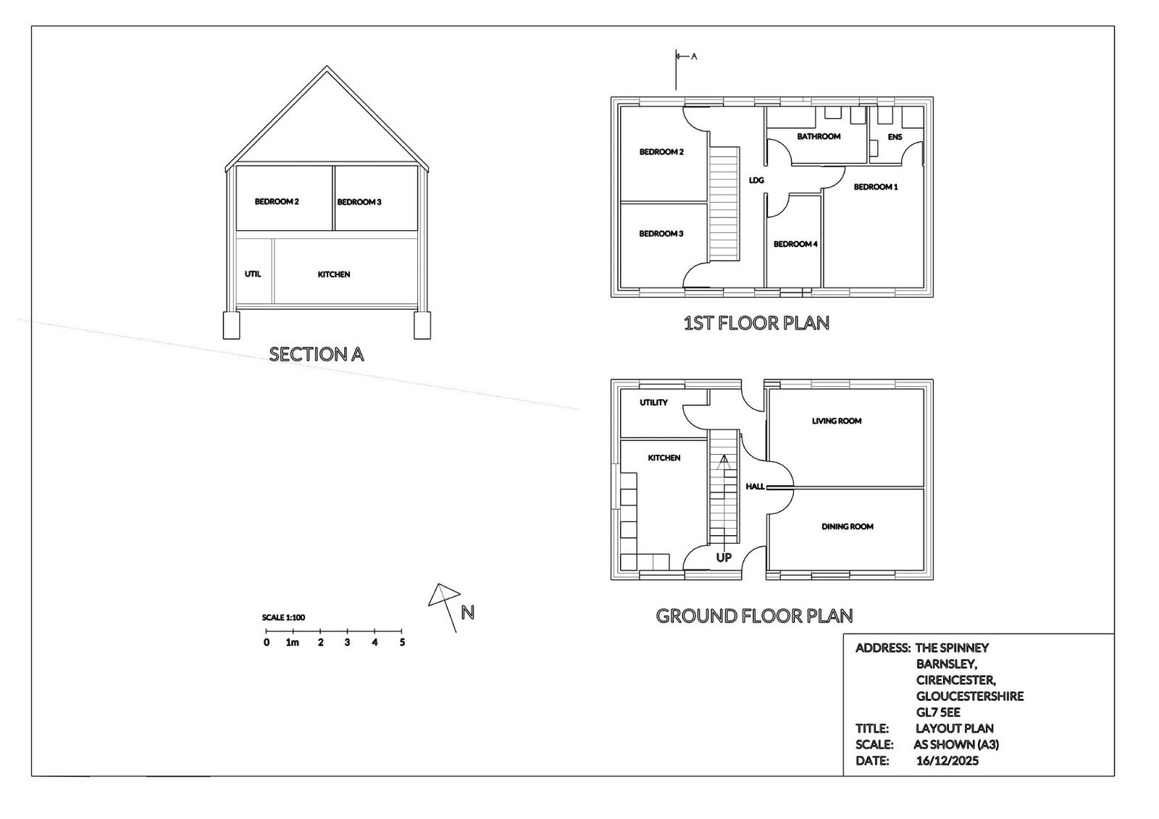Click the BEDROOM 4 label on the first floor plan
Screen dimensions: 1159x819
coord(795,244)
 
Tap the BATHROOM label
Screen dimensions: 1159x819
coord(819,137)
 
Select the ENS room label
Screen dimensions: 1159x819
coord(895,137)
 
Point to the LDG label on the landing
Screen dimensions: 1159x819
coord(756,180)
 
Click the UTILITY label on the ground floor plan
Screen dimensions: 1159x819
coord(653,403)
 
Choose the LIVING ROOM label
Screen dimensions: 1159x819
coord(837,421)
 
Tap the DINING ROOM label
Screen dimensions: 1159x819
coord(848,526)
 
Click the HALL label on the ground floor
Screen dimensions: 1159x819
coord(755,487)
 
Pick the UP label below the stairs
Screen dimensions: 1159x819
coord(724,558)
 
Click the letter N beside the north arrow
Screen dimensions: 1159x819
coord(468,613)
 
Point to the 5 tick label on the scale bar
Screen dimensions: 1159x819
coord(402,642)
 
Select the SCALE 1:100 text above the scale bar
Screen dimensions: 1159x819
coord(283,617)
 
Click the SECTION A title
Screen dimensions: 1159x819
coord(317,354)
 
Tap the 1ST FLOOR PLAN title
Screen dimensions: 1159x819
coord(756,324)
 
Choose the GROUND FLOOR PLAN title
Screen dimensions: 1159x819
coord(754,616)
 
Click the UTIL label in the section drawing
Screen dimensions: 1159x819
coord(253,274)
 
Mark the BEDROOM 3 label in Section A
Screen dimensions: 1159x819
coord(359,202)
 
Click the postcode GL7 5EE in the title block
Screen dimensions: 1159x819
coord(938,713)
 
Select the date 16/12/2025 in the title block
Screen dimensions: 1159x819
coord(947,760)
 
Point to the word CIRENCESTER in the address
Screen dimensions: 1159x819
coord(955,680)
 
